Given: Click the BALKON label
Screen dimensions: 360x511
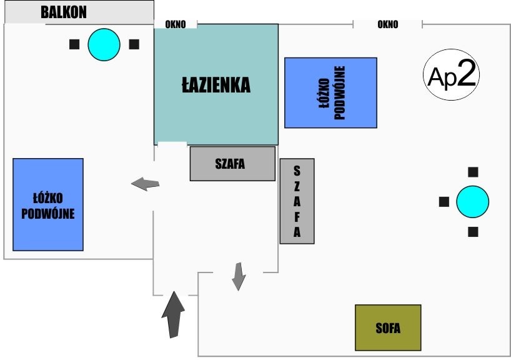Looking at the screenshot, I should (x=63, y=12).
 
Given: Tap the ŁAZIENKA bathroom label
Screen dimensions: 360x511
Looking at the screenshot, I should (x=216, y=85).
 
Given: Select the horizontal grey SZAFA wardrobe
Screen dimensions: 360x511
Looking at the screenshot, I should (x=232, y=164).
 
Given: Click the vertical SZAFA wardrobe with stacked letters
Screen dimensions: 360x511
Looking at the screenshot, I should (x=297, y=201).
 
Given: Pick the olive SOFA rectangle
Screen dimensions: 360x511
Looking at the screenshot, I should (x=388, y=327).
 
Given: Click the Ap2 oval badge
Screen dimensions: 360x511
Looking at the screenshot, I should (x=452, y=75).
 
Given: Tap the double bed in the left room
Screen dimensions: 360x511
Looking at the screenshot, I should (x=48, y=204).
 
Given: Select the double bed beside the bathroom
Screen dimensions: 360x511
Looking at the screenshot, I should (x=330, y=92).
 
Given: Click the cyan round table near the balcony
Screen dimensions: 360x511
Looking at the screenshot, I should (x=104, y=44).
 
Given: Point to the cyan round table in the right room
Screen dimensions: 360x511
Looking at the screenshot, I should (x=472, y=202).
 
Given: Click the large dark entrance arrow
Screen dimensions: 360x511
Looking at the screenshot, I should (x=174, y=314).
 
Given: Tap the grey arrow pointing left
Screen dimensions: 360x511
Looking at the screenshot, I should (x=145, y=184).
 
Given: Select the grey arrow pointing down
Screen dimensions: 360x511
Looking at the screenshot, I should (x=238, y=276).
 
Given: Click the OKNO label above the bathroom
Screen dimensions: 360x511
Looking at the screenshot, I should (x=176, y=24).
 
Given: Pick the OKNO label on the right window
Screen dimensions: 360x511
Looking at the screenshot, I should (x=388, y=24).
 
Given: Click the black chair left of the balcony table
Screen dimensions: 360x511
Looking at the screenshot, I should (x=74, y=44).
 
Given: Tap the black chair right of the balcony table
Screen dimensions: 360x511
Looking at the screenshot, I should (x=134, y=44).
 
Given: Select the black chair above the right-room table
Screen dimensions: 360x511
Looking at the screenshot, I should (x=474, y=172).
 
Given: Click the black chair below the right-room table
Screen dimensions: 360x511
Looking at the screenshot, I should (x=474, y=232).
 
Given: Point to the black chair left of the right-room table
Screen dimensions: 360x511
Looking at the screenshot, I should (x=444, y=202).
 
